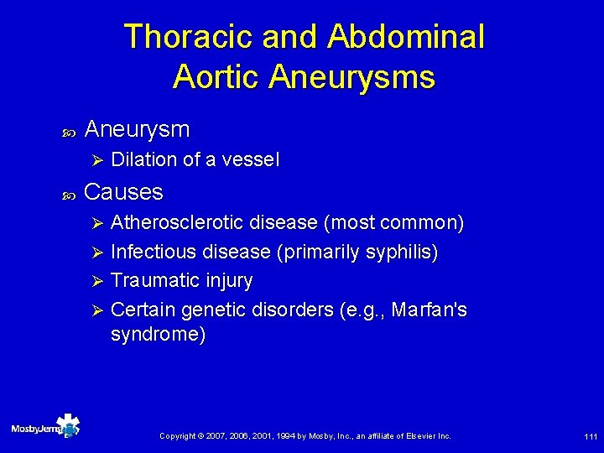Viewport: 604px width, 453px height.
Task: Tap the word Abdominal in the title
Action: click(406, 37)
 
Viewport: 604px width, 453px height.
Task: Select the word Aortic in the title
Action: click(216, 77)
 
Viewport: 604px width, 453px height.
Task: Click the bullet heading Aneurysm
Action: click(138, 129)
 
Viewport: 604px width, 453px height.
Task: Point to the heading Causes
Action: click(124, 192)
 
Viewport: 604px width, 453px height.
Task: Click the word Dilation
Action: click(143, 159)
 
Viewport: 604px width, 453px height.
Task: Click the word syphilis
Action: click(400, 252)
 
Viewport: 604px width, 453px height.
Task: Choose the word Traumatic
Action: click(151, 280)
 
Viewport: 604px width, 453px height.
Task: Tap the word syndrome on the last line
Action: click(158, 334)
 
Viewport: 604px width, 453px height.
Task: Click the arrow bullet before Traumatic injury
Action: click(96, 281)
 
